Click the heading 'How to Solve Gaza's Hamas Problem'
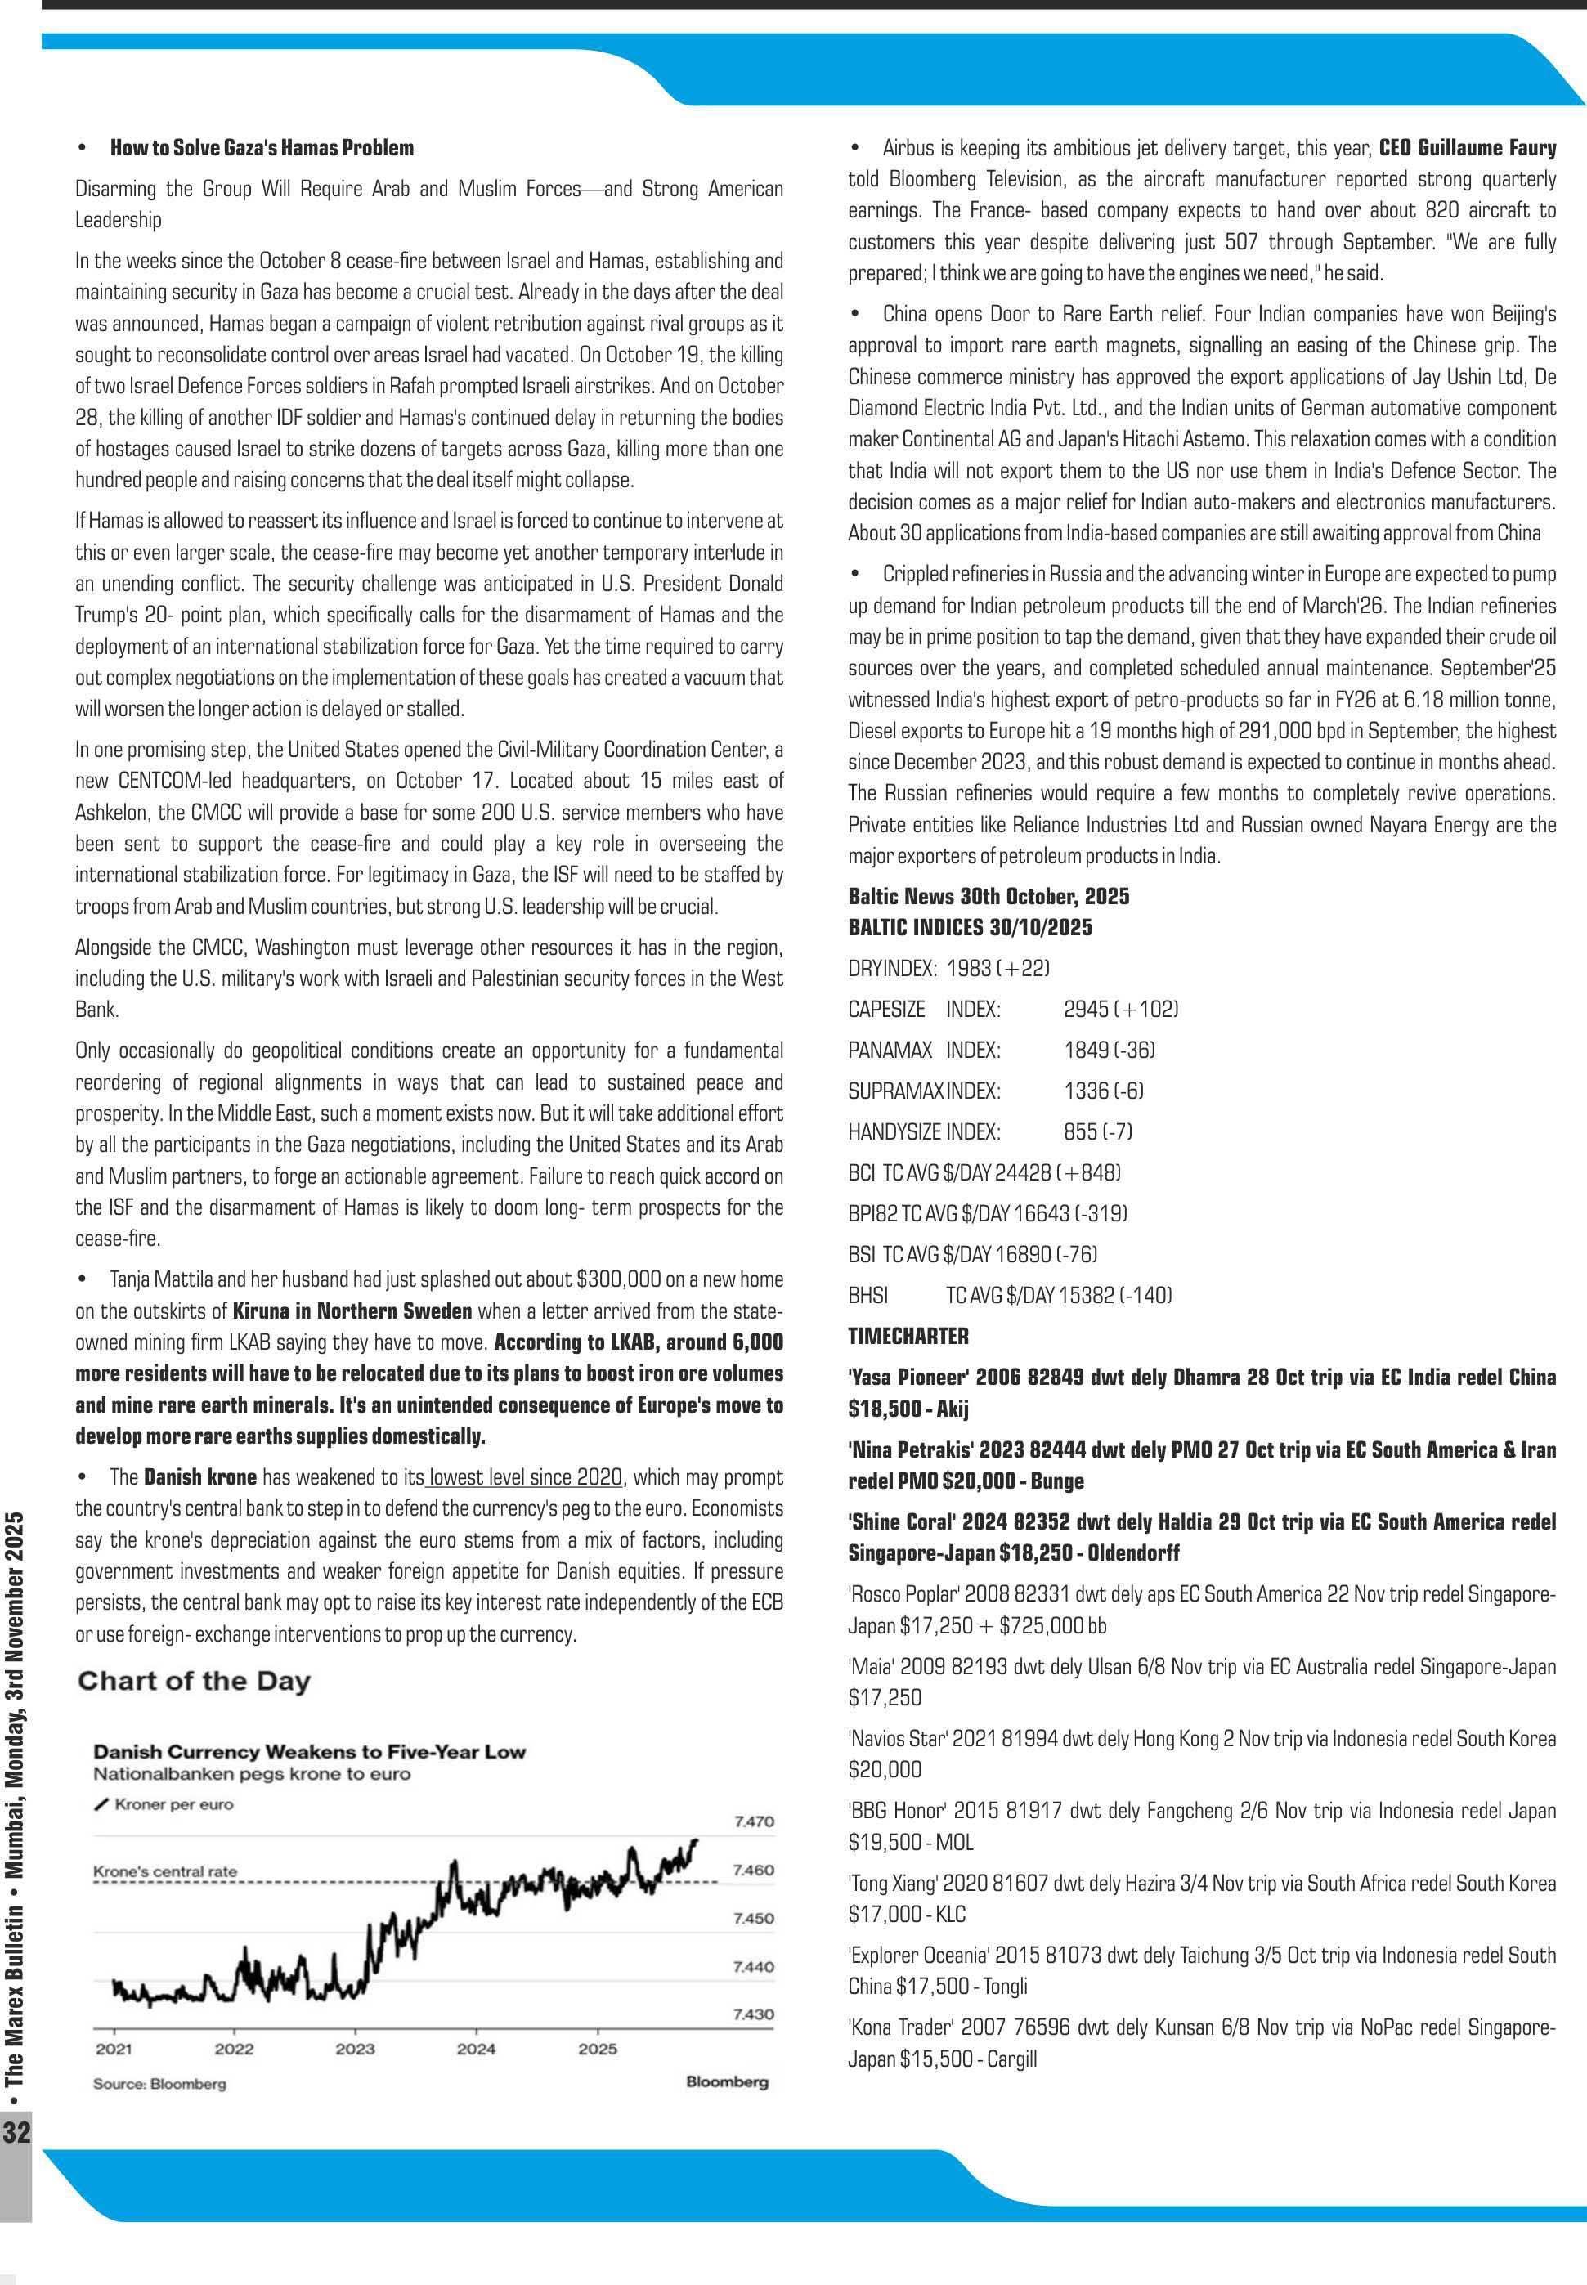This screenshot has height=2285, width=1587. coord(262,148)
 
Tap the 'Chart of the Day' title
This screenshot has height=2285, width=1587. coord(194,1682)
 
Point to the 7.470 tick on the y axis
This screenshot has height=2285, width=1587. coord(754,1821)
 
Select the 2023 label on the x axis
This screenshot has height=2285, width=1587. coord(355,2050)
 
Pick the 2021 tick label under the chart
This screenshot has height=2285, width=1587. coord(114,2050)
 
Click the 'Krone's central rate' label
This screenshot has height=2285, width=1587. coord(165,1871)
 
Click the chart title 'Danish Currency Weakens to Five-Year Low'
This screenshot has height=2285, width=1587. coord(309,1752)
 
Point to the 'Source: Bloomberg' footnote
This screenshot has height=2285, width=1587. coord(159,2084)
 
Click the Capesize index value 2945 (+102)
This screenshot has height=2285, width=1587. coord(1121,1010)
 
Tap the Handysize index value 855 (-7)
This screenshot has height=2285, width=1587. coord(1098,1131)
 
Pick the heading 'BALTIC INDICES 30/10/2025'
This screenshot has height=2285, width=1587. coord(970,928)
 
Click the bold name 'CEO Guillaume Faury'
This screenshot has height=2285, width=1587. coord(1467,148)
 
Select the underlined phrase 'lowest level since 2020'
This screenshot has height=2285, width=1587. coord(526,1476)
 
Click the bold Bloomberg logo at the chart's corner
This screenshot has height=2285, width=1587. coord(727,2082)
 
